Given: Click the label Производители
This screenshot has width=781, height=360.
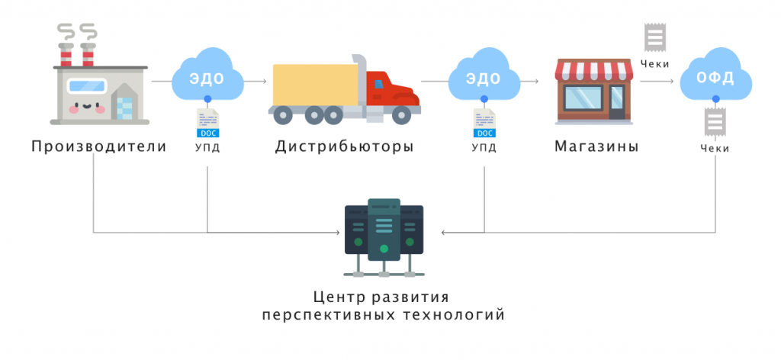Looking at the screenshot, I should (99, 146).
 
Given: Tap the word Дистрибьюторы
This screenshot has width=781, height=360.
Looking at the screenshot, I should (345, 146).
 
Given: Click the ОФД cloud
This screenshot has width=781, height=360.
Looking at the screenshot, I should (715, 77).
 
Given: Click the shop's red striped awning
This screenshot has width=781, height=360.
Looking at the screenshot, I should (595, 71).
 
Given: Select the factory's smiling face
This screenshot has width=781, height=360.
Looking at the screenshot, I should (86, 102).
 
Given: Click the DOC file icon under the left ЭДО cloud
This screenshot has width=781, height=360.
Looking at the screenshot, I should (207, 123).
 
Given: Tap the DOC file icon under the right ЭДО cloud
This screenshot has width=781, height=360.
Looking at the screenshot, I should (484, 123).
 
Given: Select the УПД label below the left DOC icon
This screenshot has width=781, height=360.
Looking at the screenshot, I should (207, 147).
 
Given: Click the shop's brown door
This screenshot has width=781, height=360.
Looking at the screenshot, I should (615, 102).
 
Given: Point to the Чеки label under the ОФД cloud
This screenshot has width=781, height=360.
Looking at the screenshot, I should (715, 148).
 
